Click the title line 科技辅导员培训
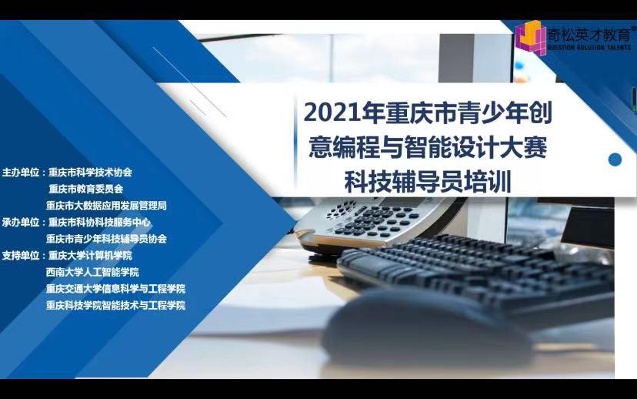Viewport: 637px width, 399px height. [x=428, y=182]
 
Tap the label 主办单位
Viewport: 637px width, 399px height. [x=21, y=173]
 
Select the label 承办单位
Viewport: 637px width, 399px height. [x=21, y=223]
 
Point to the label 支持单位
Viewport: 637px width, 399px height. [x=21, y=256]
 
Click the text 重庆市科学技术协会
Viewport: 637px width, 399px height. [x=90, y=173]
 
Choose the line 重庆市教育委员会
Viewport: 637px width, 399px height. [x=85, y=189]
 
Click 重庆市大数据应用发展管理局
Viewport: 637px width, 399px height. [x=106, y=206]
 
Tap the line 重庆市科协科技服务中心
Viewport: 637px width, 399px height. [x=99, y=223]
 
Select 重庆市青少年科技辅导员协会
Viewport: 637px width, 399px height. [x=106, y=239]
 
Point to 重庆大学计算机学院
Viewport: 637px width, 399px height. [x=90, y=256]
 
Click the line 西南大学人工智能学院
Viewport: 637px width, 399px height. [x=92, y=273]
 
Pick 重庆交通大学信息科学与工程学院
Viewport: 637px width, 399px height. [x=115, y=289]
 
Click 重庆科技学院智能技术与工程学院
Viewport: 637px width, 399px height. [x=115, y=306]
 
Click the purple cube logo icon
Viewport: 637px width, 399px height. [x=530, y=38]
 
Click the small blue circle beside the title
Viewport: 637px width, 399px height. [x=615, y=159]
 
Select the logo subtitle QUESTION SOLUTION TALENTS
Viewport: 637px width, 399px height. [x=589, y=48]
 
